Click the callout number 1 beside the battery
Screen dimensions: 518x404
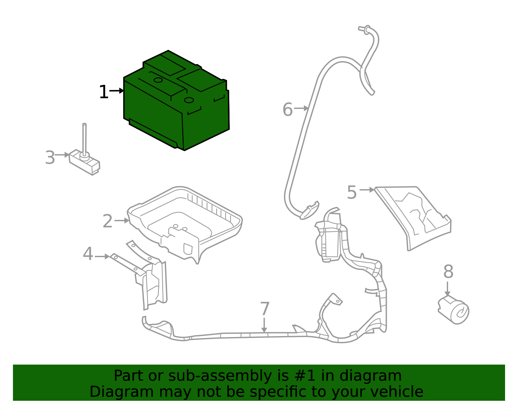coord(104,92)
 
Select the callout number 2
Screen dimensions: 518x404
coord(107,221)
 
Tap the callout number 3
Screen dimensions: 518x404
coord(50,157)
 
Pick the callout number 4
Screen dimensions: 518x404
coord(88,254)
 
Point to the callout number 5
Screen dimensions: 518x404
coord(352,192)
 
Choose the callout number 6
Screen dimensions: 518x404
coord(287,110)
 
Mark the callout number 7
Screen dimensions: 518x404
coord(265,309)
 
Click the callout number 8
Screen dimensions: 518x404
coord(448,271)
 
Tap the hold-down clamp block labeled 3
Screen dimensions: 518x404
coord(84,162)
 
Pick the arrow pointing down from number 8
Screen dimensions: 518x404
coord(447,289)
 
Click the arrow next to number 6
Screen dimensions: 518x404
coord(301,108)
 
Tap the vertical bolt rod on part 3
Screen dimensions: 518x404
coord(84,139)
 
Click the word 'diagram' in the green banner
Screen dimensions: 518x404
coord(370,376)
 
